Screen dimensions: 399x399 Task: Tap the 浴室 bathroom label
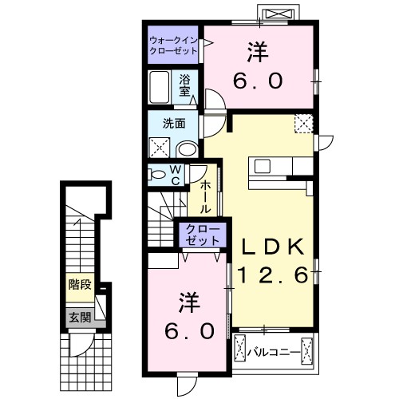[184, 84]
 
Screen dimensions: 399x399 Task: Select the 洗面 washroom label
[173, 124]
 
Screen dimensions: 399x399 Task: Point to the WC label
[175, 176]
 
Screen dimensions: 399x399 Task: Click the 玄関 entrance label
[79, 317]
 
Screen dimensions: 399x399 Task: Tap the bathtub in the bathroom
[159, 86]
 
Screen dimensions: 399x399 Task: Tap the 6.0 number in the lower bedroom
[188, 330]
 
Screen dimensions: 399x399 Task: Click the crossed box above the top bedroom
[286, 15]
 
